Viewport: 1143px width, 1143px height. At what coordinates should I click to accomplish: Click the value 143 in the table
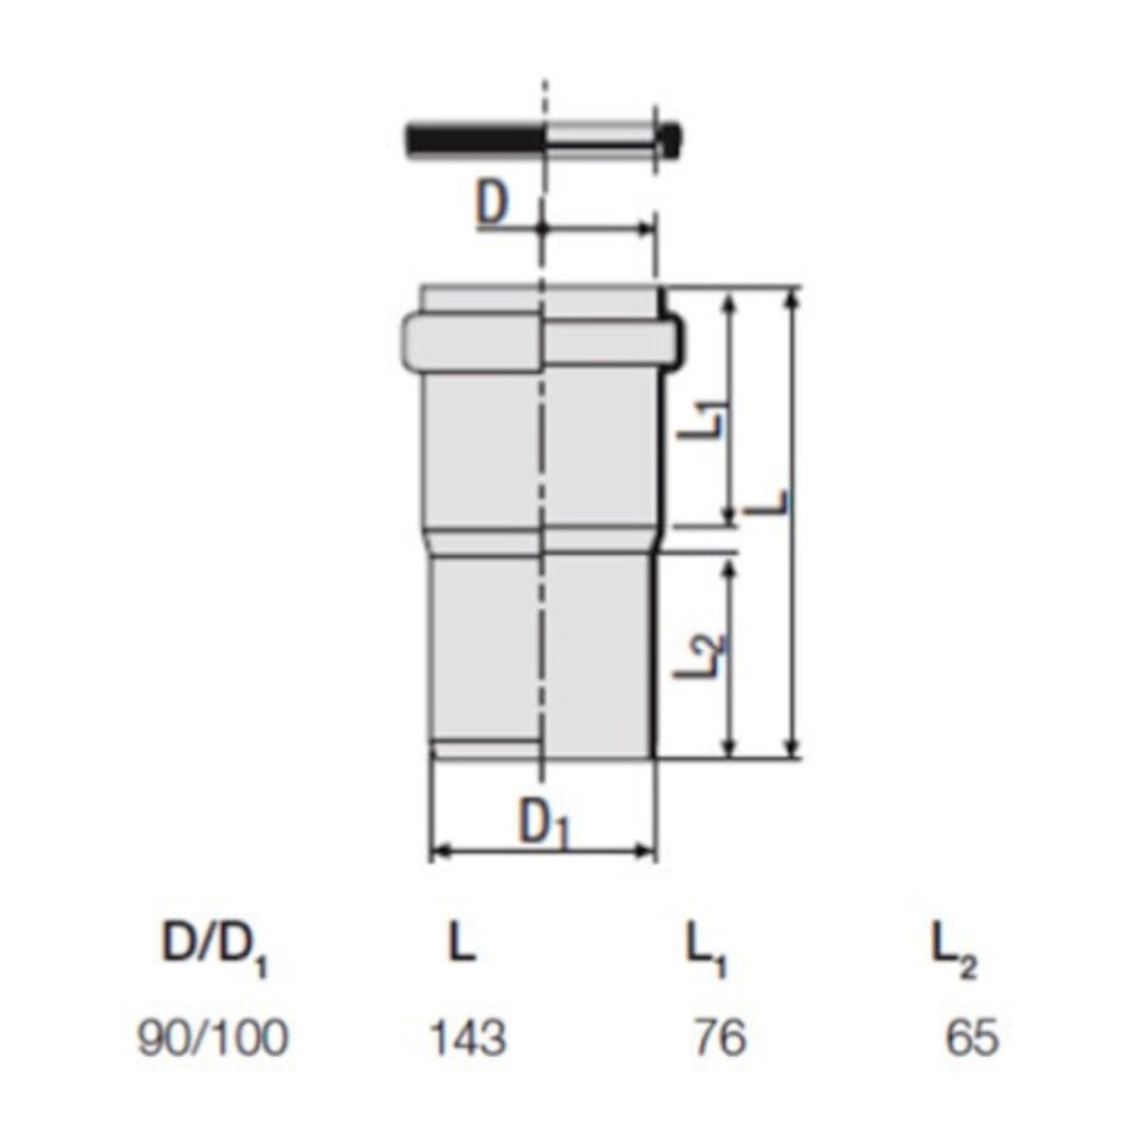coord(468,1038)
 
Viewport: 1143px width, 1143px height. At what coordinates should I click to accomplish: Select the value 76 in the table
coord(720,1038)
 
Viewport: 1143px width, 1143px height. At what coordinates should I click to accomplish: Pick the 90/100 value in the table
coord(213,1038)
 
